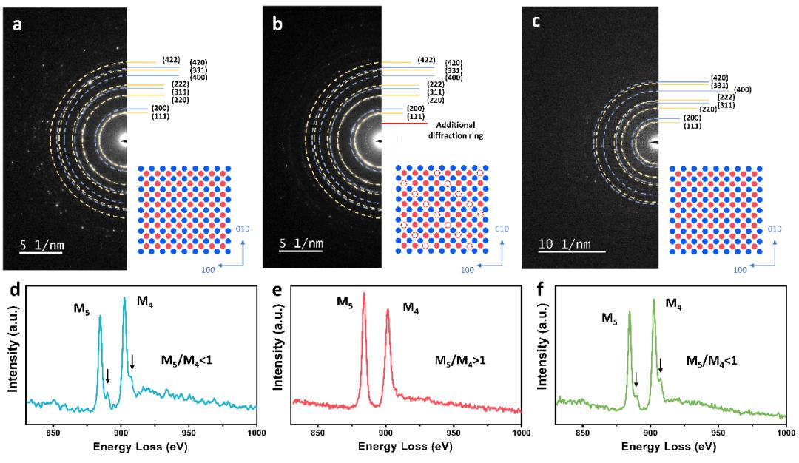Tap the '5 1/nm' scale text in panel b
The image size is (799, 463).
coord(300,243)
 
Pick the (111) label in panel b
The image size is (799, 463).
coord(417,116)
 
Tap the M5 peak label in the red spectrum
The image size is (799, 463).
coord(345,302)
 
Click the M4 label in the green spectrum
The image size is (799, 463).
coord(674,303)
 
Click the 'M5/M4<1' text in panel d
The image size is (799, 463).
coord(188,361)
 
